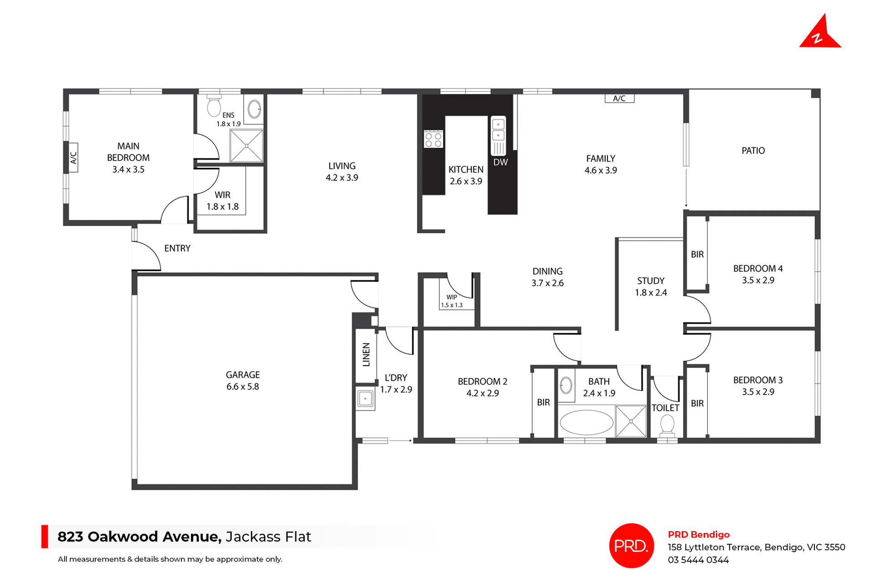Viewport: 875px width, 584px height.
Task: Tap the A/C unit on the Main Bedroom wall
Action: (73, 157)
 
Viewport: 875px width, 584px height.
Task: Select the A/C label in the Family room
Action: (619, 98)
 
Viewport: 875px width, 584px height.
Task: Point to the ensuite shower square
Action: (246, 146)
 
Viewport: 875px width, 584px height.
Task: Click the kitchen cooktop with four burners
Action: (433, 139)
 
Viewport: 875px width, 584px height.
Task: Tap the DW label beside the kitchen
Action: (500, 162)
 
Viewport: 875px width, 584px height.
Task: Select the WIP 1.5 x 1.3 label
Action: (451, 301)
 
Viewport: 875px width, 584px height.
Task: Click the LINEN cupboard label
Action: (366, 355)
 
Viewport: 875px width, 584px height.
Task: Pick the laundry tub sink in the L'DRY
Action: (365, 399)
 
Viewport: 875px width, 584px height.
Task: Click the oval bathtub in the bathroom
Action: (586, 422)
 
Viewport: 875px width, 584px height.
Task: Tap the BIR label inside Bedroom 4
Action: (697, 254)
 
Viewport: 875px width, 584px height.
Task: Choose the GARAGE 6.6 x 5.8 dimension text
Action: (242, 387)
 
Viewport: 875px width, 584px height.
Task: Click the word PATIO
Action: (753, 151)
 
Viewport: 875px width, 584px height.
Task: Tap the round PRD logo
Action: (631, 545)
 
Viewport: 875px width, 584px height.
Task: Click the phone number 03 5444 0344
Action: (698, 560)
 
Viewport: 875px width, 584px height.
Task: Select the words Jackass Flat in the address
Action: (268, 537)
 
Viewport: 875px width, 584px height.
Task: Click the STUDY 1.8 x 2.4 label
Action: (650, 287)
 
